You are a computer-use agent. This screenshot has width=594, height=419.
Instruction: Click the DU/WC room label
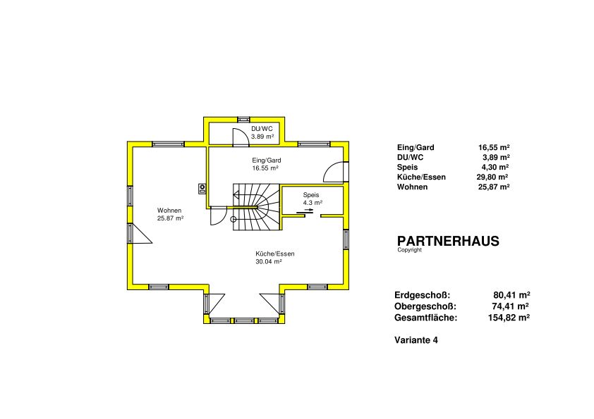point(262,129)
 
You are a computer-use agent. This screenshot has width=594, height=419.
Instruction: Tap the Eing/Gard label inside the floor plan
point(267,161)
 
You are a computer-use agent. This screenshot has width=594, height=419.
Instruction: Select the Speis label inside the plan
point(311,195)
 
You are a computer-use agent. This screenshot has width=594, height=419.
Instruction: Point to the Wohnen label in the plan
point(169,211)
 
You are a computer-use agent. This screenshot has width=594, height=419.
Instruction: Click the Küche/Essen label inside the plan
point(275,254)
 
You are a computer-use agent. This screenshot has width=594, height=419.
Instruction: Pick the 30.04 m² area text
point(269,261)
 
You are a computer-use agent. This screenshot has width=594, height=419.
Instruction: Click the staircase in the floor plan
point(256,207)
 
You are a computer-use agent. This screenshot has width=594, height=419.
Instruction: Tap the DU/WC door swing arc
point(241,136)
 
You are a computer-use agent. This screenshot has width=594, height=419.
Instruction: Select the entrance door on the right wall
point(336,172)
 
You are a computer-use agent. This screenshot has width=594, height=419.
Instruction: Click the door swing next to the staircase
point(218,216)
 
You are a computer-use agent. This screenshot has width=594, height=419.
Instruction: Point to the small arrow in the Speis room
point(309,210)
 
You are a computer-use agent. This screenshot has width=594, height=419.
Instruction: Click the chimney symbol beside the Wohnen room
point(202,189)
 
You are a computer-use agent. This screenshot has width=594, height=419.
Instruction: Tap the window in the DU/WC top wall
point(244,119)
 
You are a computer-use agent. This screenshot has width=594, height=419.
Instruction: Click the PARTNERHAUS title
point(448,242)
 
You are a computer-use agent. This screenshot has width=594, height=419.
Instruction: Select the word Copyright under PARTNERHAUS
point(409,250)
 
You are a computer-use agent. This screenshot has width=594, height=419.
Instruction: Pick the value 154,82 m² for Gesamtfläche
point(509,318)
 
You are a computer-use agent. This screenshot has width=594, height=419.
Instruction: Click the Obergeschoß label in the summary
point(425,306)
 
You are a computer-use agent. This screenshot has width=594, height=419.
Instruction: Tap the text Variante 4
point(416,340)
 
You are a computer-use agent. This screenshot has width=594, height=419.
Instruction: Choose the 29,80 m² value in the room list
point(492,177)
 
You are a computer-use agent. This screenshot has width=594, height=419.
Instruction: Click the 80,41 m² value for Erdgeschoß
point(511,295)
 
